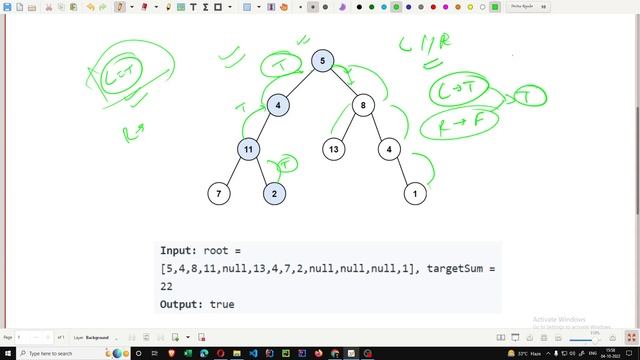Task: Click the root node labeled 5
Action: (322, 61)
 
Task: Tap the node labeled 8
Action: (365, 104)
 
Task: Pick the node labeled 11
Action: (248, 149)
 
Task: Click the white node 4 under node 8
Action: (390, 149)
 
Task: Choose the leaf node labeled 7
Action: (219, 192)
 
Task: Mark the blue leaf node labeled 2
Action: (276, 192)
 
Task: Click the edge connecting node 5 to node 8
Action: (344, 83)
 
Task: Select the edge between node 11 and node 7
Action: (234, 171)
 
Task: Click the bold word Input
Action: (179, 250)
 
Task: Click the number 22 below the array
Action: (167, 286)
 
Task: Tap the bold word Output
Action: (183, 304)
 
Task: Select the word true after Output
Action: (222, 304)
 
